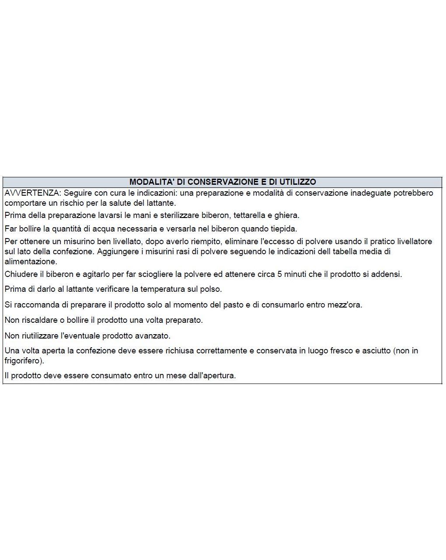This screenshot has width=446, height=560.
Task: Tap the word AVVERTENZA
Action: [32, 193]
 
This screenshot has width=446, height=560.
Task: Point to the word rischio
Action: [73, 203]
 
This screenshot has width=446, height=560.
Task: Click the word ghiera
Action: [286, 215]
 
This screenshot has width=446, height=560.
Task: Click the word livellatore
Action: [410, 242]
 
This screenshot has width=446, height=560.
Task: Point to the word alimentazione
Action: [30, 262]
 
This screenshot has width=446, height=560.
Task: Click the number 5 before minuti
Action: [280, 275]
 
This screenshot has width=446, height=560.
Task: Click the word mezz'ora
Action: [344, 305]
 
